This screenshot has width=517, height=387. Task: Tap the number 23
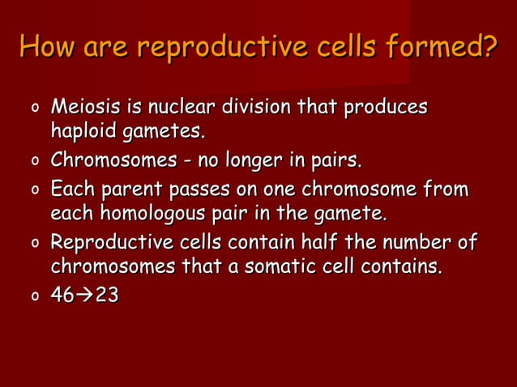point(106,296)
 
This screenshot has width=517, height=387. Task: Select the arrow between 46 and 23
point(84,296)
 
